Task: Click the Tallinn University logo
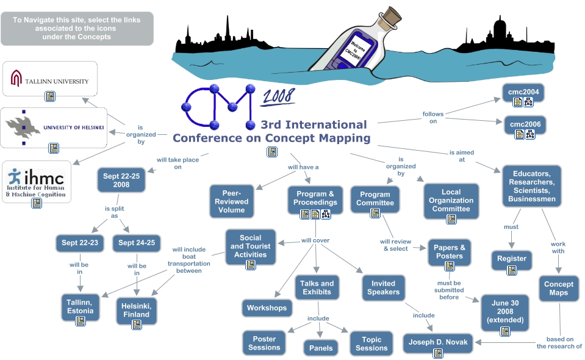click(49, 78)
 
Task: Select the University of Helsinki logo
click(54, 127)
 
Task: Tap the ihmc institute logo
click(37, 180)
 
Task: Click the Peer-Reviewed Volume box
click(231, 201)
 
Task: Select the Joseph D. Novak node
click(439, 342)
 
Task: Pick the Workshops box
click(267, 308)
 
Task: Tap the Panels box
click(321, 348)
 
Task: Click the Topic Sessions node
click(371, 344)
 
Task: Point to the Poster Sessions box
click(264, 343)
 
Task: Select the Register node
click(511, 259)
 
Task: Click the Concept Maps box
click(558, 288)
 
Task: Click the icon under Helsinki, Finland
click(136, 325)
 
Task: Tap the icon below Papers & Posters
click(450, 266)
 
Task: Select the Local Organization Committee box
click(450, 200)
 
